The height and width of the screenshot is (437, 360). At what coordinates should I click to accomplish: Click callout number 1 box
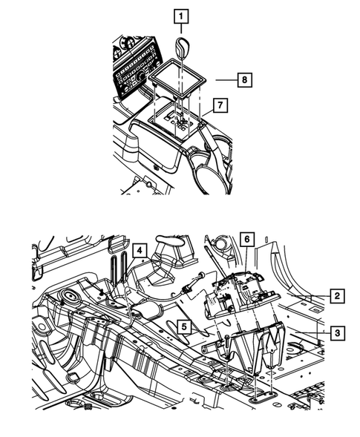tap(181, 15)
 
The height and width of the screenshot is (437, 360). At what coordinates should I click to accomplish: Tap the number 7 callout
tap(218, 107)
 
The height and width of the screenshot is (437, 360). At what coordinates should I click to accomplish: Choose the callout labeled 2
tap(337, 297)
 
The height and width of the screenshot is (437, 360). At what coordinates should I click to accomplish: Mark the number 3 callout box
tap(337, 333)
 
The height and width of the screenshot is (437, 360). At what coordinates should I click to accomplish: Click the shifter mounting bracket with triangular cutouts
tap(256, 349)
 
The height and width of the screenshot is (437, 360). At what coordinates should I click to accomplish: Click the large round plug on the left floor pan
tap(73, 298)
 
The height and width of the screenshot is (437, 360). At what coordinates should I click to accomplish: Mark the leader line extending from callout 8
tap(224, 76)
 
